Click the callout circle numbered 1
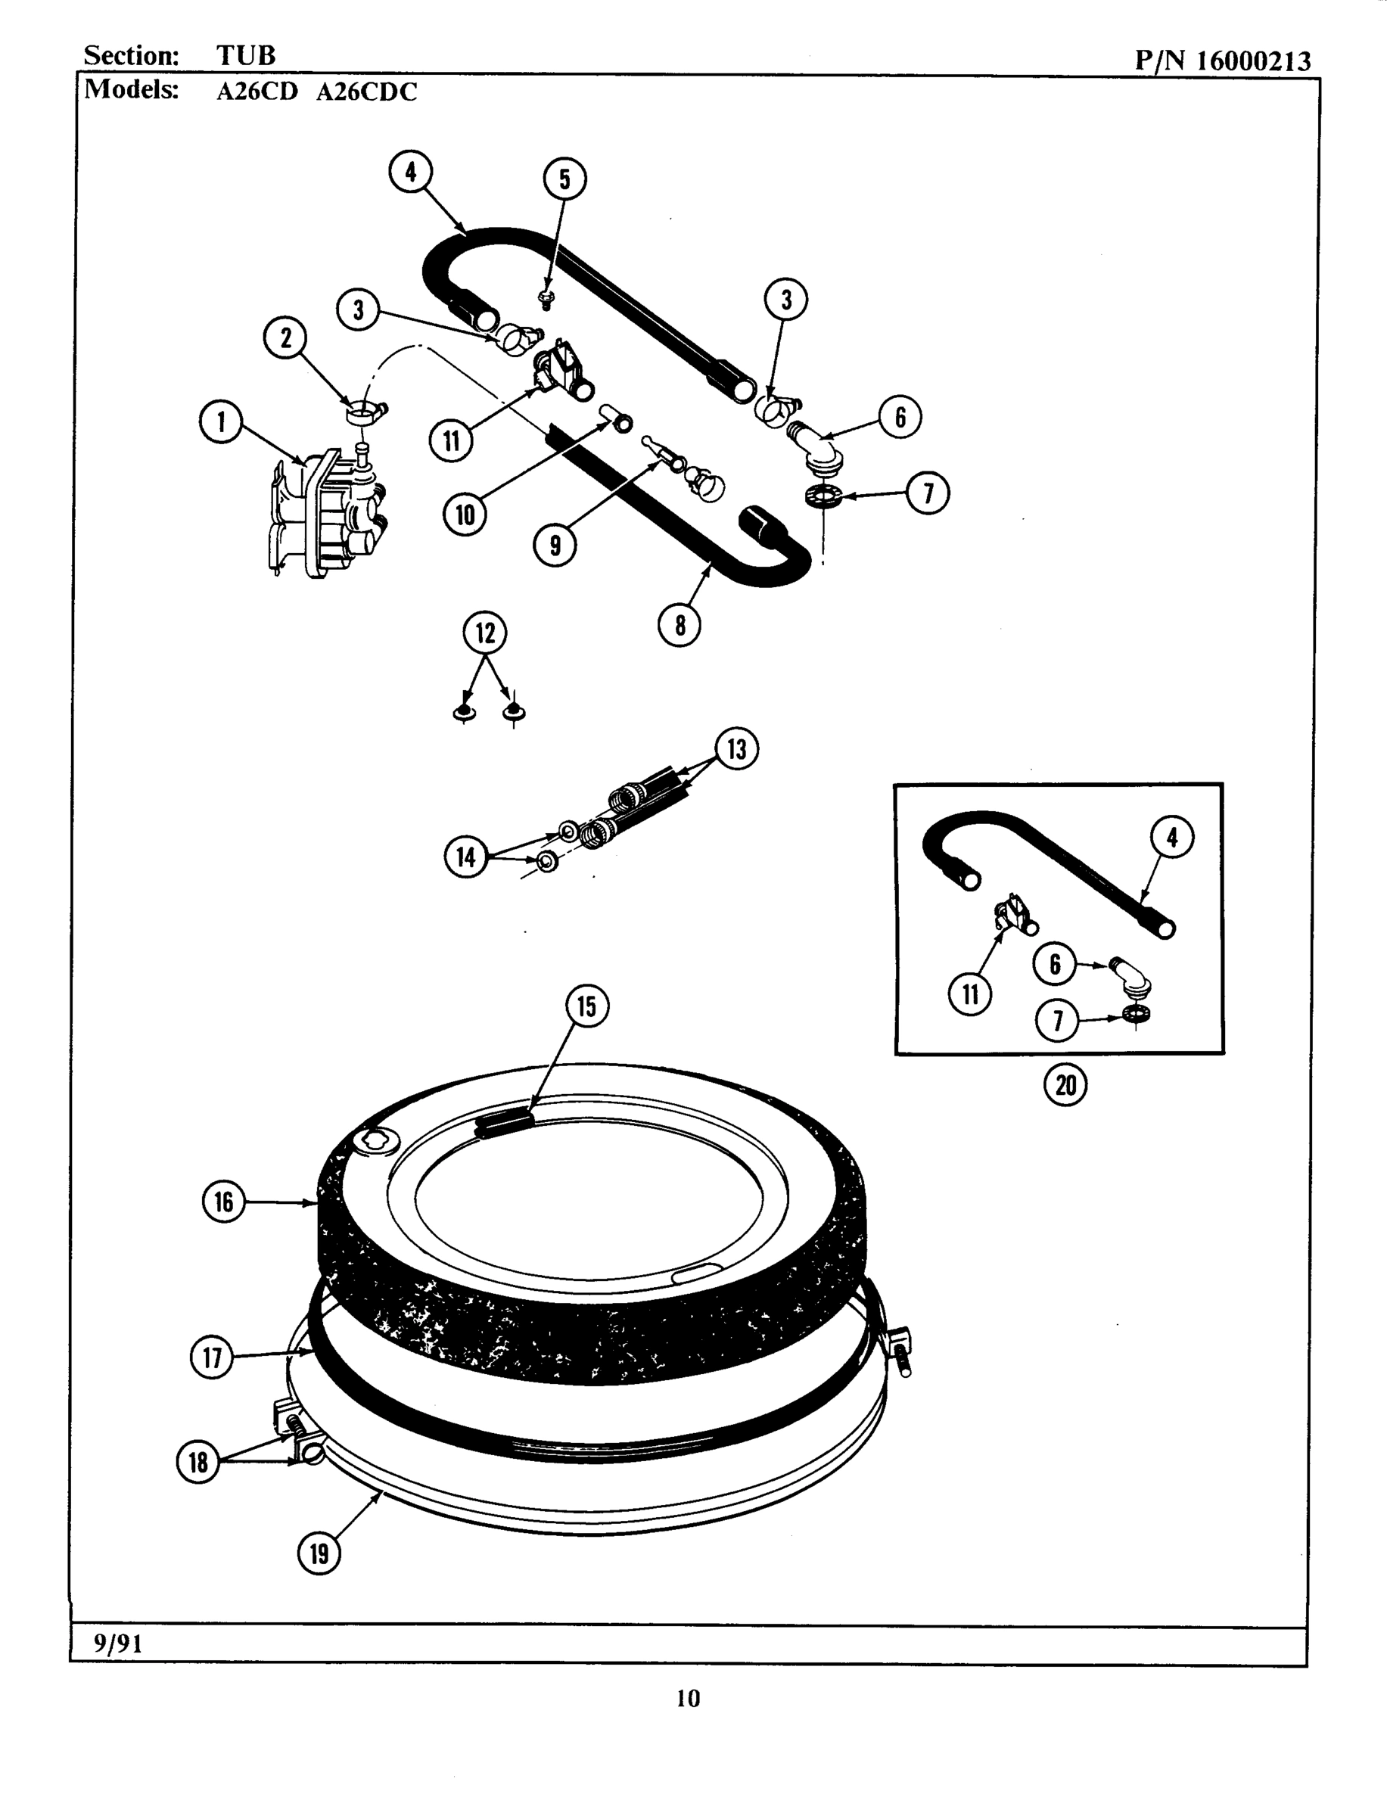(220, 423)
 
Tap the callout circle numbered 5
(564, 179)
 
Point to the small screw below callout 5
(546, 297)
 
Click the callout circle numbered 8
(680, 625)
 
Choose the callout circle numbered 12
(484, 633)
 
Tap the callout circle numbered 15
(587, 1006)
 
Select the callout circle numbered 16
(224, 1202)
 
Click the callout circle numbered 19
(319, 1553)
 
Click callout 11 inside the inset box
(970, 994)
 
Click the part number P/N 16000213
(1222, 61)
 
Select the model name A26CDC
(366, 92)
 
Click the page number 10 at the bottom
(688, 1698)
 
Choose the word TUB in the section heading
(245, 55)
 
